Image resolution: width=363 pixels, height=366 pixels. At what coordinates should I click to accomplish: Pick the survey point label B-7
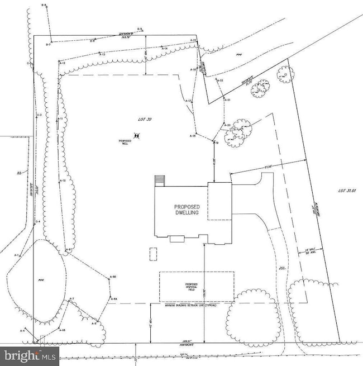coord(49,45)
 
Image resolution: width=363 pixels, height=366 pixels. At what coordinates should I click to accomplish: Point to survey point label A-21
coord(228,99)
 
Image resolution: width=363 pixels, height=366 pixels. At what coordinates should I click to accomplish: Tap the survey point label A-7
coord(71,300)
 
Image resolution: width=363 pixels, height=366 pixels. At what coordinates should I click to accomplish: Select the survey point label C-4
coord(38,222)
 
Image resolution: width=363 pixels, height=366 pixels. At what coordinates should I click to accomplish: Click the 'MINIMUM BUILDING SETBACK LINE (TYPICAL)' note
coord(190,306)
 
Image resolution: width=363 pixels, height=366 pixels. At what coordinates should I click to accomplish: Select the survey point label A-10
coord(63,181)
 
